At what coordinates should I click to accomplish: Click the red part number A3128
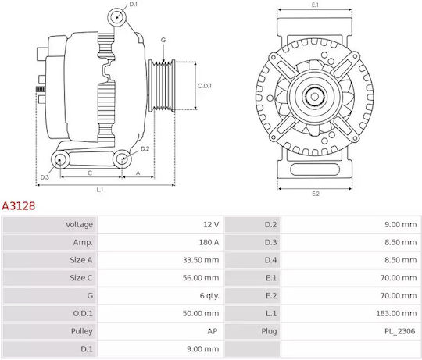click(x=18, y=206)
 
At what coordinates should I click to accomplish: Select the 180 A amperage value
click(x=209, y=242)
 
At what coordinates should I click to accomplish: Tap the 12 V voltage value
click(x=211, y=224)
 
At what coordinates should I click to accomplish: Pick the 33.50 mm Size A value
click(x=201, y=260)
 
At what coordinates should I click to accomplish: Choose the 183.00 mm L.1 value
click(x=396, y=313)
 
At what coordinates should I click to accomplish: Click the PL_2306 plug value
click(x=400, y=331)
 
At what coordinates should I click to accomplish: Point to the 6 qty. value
click(x=209, y=296)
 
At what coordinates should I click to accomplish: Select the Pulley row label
click(x=82, y=331)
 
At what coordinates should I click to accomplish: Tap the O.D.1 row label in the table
click(x=83, y=313)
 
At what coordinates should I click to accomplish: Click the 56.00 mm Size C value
click(x=201, y=278)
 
